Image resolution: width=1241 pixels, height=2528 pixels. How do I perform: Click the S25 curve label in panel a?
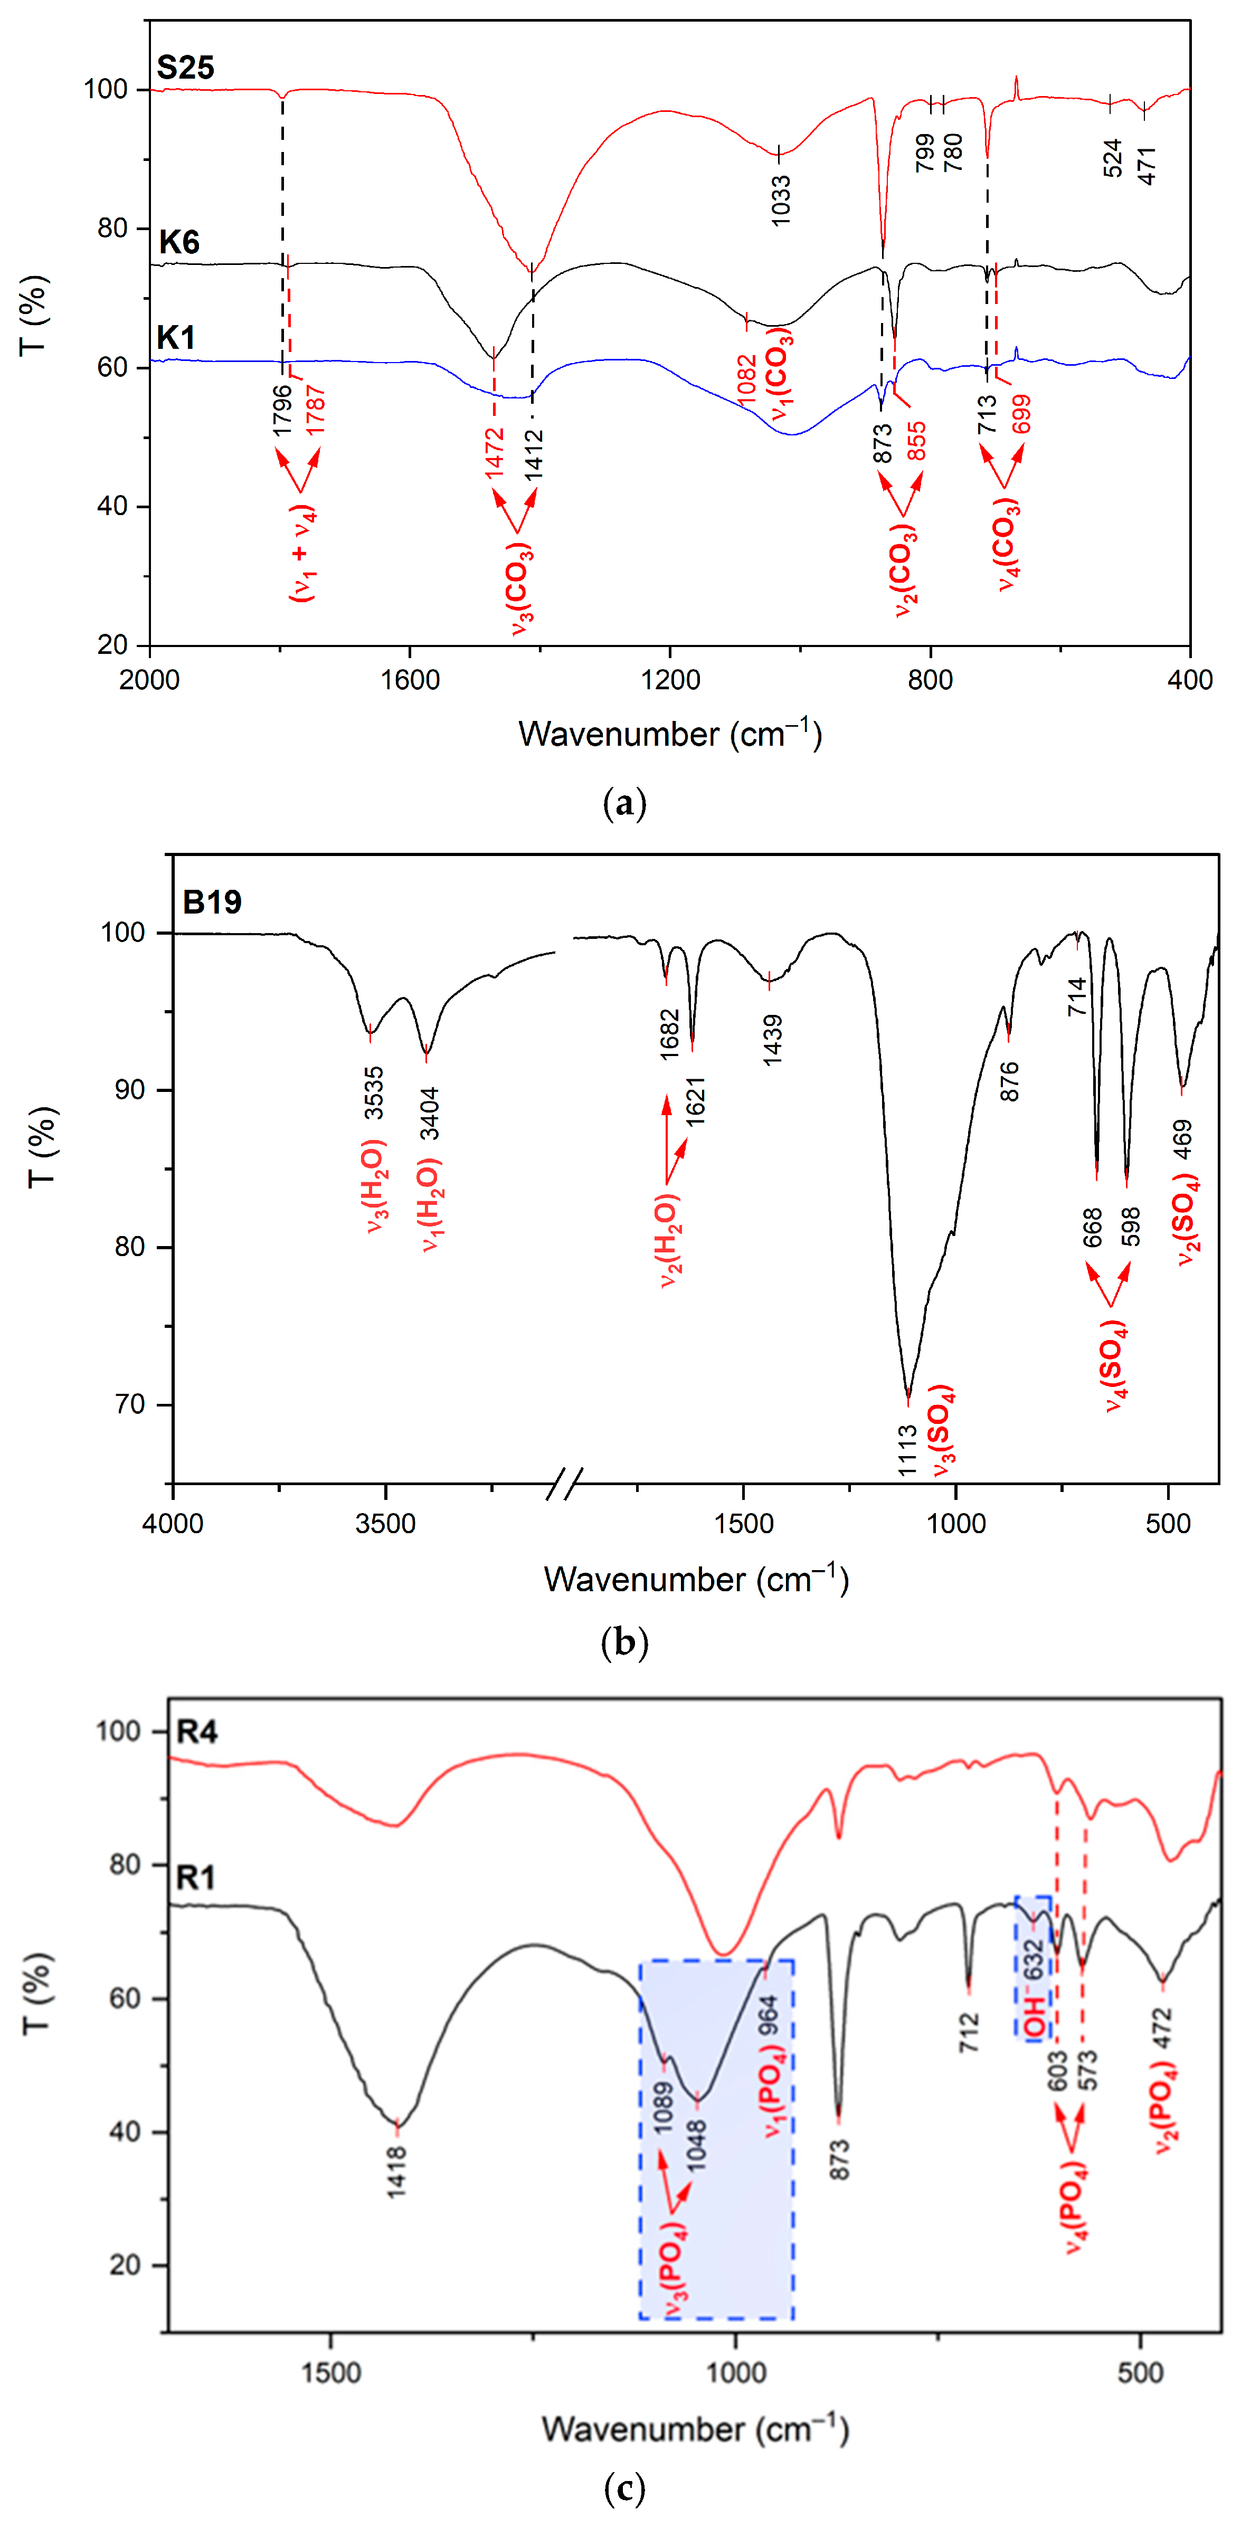coord(186,68)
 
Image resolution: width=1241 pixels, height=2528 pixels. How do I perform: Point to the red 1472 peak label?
coord(494,452)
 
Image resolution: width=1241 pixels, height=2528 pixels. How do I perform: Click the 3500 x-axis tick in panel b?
coord(386,1524)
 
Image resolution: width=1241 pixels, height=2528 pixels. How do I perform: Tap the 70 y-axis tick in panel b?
coord(130,1404)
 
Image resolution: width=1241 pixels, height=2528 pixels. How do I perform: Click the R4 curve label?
coord(196,1732)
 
